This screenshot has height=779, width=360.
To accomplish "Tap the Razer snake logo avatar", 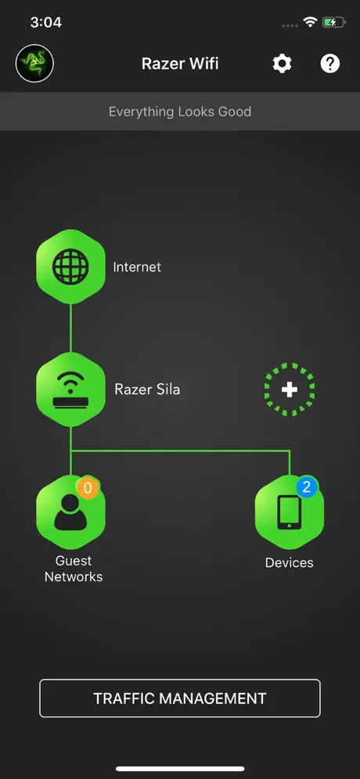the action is [x=34, y=64].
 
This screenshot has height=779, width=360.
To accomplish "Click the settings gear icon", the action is [x=282, y=63].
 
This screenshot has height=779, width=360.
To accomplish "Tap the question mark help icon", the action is [x=329, y=63].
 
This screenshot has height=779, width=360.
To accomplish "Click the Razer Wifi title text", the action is [x=180, y=63].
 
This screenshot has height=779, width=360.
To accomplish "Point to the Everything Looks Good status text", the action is [x=180, y=111].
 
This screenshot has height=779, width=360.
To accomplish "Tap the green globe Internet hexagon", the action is [x=70, y=267].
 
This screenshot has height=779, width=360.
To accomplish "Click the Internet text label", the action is [x=137, y=267].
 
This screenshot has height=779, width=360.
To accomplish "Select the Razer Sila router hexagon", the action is [x=70, y=389].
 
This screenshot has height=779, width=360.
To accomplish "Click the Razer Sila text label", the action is [x=147, y=389].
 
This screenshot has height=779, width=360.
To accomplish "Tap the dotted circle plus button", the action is [x=290, y=389].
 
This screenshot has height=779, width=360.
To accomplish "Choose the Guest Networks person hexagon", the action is [x=70, y=512].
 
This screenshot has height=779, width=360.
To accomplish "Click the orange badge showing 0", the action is [x=88, y=488].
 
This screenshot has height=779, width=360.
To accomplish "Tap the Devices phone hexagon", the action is [x=290, y=512].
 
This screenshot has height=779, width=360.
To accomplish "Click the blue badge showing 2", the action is [x=307, y=487].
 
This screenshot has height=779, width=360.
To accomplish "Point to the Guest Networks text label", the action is [x=74, y=569].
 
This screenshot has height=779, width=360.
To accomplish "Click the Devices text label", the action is [x=290, y=563].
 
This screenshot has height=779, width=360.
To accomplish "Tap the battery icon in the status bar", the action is [x=333, y=23].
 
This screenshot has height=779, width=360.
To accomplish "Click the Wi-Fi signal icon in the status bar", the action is [x=311, y=22].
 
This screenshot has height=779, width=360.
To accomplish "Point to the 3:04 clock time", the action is [x=45, y=23].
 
